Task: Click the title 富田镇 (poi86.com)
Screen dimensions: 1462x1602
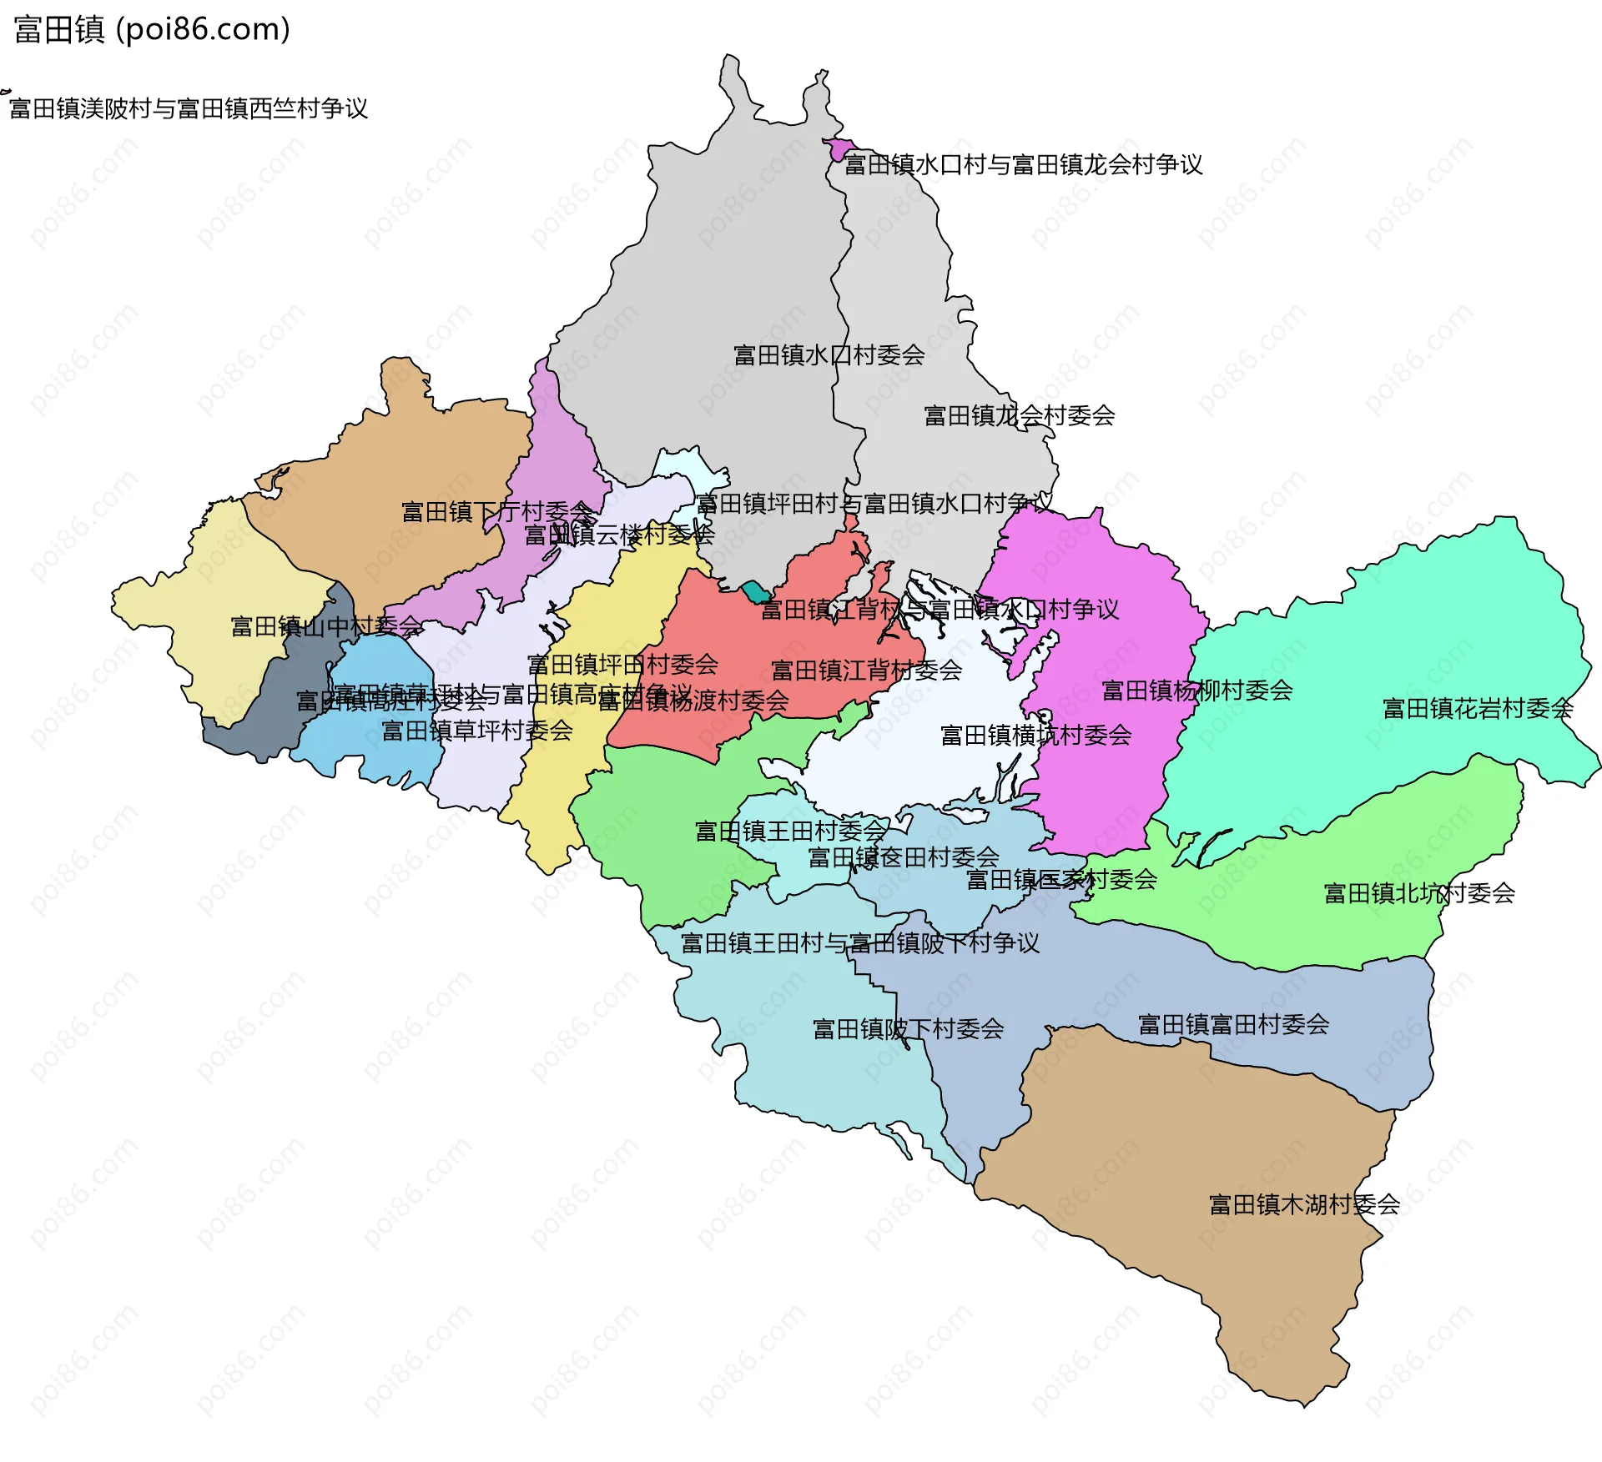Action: (152, 29)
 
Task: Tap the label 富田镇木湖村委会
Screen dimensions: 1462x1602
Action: (1304, 1204)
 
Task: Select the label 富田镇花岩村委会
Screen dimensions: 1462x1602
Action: (1478, 709)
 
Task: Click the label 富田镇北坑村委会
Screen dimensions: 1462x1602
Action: (1419, 893)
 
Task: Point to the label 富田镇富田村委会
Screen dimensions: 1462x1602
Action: (1233, 1024)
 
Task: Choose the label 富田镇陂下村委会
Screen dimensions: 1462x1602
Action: (908, 1028)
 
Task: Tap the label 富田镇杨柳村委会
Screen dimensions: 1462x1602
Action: (1197, 691)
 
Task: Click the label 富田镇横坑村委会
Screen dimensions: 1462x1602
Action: (1035, 735)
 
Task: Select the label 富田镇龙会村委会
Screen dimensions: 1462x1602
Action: (1019, 415)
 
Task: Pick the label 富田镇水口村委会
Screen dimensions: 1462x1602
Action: (829, 355)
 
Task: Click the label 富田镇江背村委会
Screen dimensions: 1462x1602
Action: (866, 670)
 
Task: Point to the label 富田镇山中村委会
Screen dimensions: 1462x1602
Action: (326, 626)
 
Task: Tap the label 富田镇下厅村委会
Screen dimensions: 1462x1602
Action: (497, 511)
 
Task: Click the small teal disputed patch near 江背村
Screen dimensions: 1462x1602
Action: (754, 591)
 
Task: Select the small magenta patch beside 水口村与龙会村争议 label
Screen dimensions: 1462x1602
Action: (837, 149)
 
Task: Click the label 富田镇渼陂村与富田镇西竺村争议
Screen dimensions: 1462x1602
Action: (189, 108)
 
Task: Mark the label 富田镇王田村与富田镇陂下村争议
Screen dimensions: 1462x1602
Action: (859, 943)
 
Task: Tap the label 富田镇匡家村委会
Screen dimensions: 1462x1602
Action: (1060, 879)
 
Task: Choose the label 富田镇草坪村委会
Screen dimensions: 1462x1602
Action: (476, 731)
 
